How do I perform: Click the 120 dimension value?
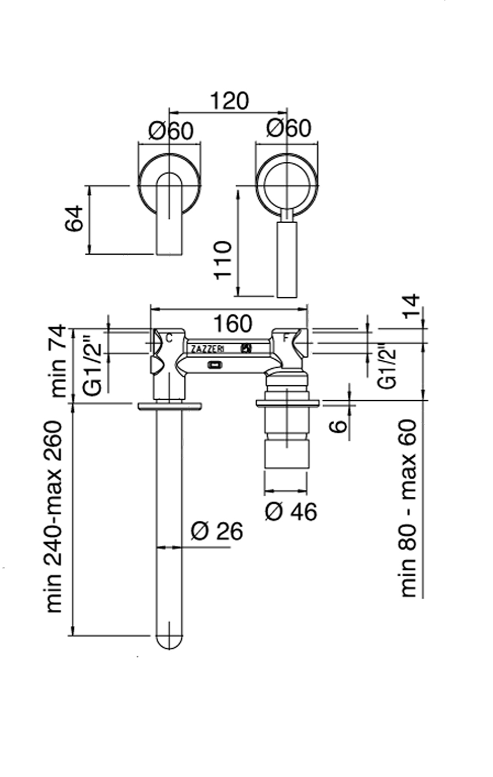(x=230, y=100)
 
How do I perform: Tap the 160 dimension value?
(x=232, y=324)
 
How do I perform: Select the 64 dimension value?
(x=74, y=218)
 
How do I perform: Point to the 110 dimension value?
(x=222, y=260)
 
